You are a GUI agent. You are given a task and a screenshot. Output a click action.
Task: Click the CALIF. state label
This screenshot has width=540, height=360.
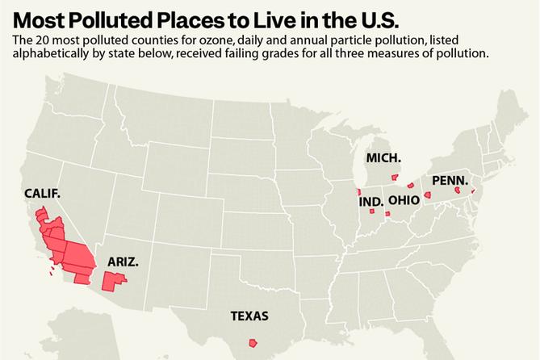[x=43, y=194]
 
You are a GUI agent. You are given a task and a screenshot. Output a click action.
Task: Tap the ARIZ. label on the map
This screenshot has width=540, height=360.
[x=123, y=262]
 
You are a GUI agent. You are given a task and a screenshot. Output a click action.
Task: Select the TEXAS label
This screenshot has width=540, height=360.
[x=249, y=316]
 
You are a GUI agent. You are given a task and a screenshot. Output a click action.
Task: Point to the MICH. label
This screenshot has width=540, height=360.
[x=383, y=157]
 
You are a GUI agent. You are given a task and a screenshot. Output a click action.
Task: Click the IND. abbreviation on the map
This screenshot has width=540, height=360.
[x=370, y=201]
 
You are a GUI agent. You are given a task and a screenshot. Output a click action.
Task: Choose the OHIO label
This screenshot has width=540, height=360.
[x=403, y=200]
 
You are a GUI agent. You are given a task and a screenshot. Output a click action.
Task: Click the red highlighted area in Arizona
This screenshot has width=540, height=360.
[x=113, y=281]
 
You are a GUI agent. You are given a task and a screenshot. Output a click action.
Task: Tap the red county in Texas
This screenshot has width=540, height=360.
[x=253, y=342]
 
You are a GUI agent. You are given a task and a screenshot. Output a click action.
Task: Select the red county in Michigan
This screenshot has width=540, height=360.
[x=395, y=177]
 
